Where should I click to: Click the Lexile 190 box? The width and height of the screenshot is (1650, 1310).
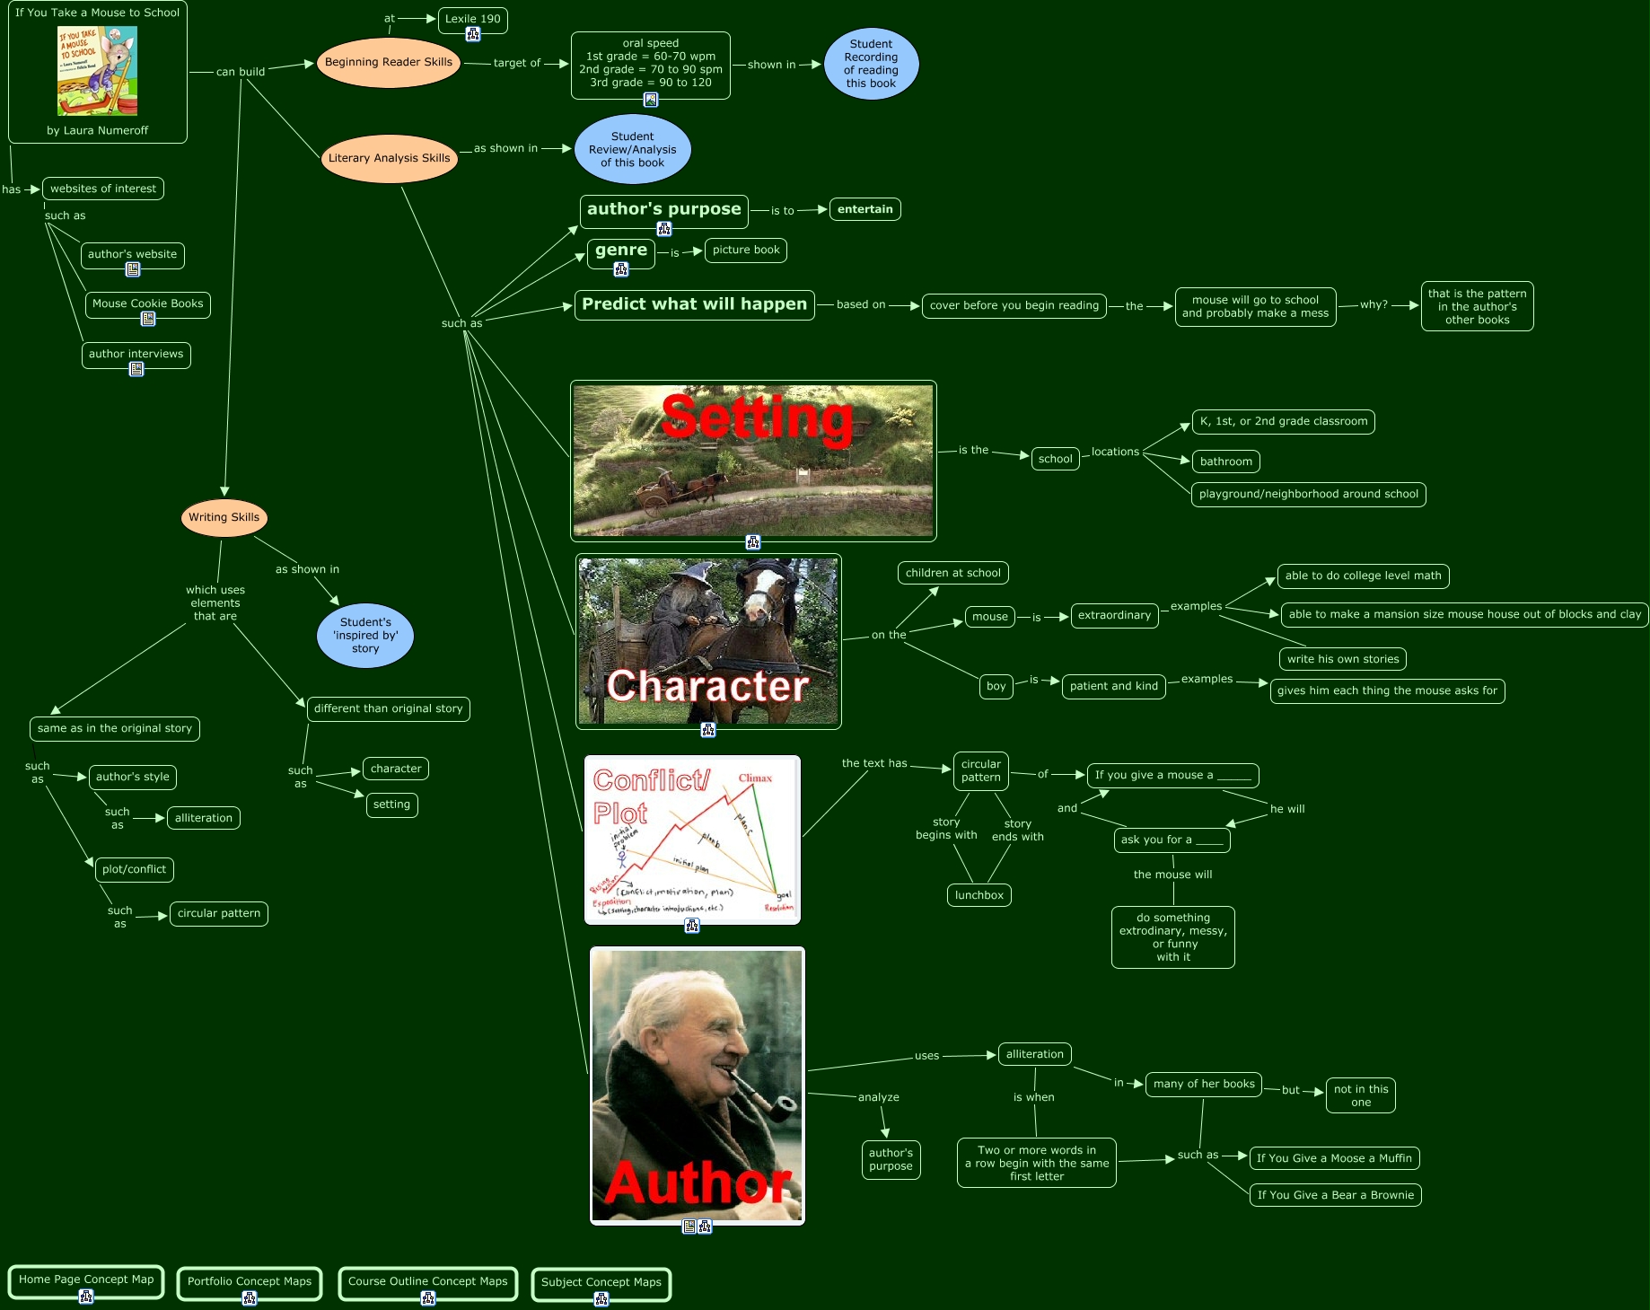pos(473,19)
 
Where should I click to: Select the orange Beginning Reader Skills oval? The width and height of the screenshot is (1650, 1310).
pos(388,63)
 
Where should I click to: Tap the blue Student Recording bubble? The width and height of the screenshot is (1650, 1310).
pos(871,64)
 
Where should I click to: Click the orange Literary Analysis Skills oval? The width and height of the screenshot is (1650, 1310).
pos(389,158)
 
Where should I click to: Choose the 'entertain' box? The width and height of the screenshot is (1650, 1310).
pos(864,209)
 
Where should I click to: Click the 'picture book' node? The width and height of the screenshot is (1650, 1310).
pos(745,251)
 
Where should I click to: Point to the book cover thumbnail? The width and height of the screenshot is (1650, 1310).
pos(97,71)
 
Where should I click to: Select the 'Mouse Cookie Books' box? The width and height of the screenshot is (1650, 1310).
pos(147,303)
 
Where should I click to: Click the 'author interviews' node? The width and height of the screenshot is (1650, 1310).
pos(136,354)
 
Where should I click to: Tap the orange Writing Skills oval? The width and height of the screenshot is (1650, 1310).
pos(224,517)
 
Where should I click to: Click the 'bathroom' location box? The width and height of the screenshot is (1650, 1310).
pos(1225,462)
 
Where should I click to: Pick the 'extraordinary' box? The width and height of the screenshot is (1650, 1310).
pos(1114,616)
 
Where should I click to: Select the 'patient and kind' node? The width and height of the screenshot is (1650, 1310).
pos(1113,687)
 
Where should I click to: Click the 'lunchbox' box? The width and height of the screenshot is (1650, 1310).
pos(979,895)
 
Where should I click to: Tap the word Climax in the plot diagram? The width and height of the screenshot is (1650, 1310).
pos(755,778)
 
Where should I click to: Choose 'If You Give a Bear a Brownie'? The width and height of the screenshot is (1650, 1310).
pos(1335,1195)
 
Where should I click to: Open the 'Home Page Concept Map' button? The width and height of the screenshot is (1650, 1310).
pos(86,1280)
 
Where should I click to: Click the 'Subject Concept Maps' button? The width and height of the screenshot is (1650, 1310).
pos(601,1283)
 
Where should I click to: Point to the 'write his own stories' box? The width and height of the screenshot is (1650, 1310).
pos(1342,659)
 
